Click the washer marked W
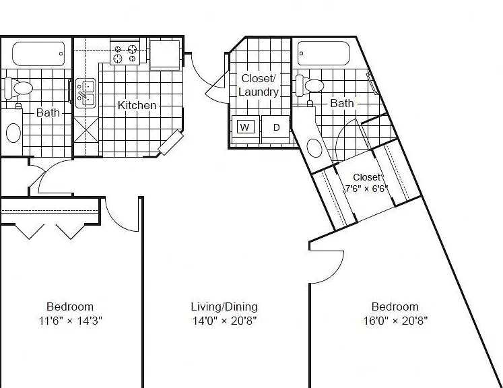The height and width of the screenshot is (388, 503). [245, 129]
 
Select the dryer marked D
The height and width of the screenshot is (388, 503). [275, 129]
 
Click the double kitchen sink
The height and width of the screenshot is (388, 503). [86, 93]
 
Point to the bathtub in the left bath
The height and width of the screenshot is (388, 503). [38, 54]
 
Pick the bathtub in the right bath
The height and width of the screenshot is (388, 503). [324, 53]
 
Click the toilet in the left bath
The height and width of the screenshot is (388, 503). [19, 88]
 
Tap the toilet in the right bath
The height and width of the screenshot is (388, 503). [310, 86]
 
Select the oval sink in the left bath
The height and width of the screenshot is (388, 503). [13, 133]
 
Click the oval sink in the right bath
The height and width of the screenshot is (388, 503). [314, 148]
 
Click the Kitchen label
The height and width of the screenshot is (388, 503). [137, 105]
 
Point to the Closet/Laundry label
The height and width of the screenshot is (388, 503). [259, 85]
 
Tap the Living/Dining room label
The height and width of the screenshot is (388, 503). [224, 306]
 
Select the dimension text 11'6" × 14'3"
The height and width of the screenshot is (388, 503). [70, 320]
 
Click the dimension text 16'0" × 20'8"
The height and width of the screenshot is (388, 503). [395, 320]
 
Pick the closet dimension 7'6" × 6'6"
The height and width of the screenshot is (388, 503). [366, 188]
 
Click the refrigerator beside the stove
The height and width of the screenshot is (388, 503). [164, 55]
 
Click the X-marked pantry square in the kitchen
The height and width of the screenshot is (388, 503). [86, 129]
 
